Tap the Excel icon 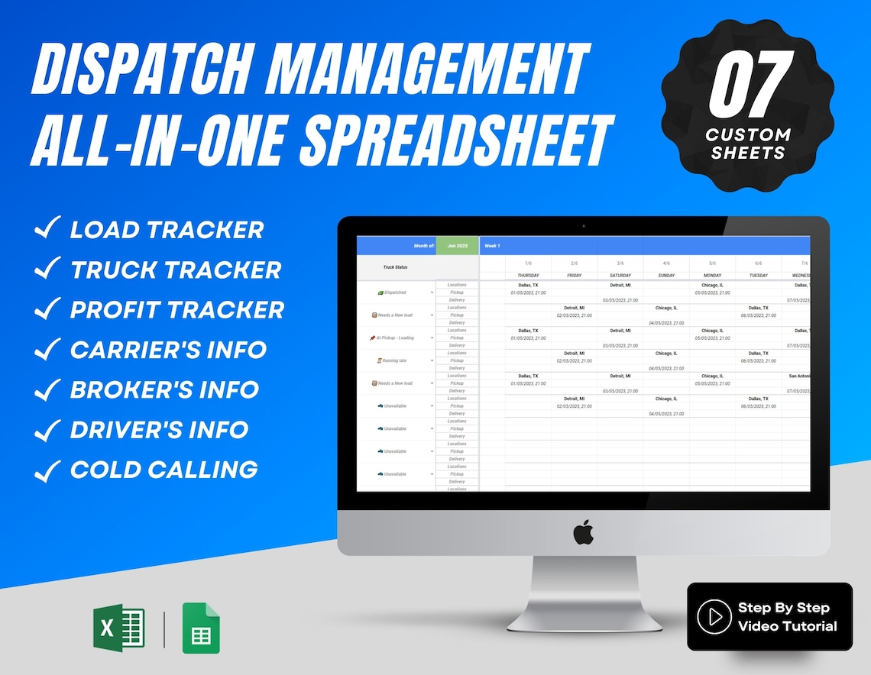pyautogui.click(x=118, y=628)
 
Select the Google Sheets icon pyautogui.click(x=201, y=628)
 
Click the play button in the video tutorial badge pyautogui.click(x=714, y=617)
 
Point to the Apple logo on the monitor pyautogui.click(x=583, y=531)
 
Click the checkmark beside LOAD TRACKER pyautogui.click(x=47, y=229)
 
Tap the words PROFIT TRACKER pyautogui.click(x=177, y=309)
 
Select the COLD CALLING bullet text pyautogui.click(x=164, y=469)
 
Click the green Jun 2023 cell pyautogui.click(x=457, y=246)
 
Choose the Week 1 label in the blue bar pyautogui.click(x=492, y=246)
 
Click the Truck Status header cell pyautogui.click(x=396, y=267)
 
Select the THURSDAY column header pyautogui.click(x=528, y=275)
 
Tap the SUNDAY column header pyautogui.click(x=666, y=275)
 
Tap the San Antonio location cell pyautogui.click(x=798, y=376)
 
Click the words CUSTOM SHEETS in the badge pyautogui.click(x=748, y=144)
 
